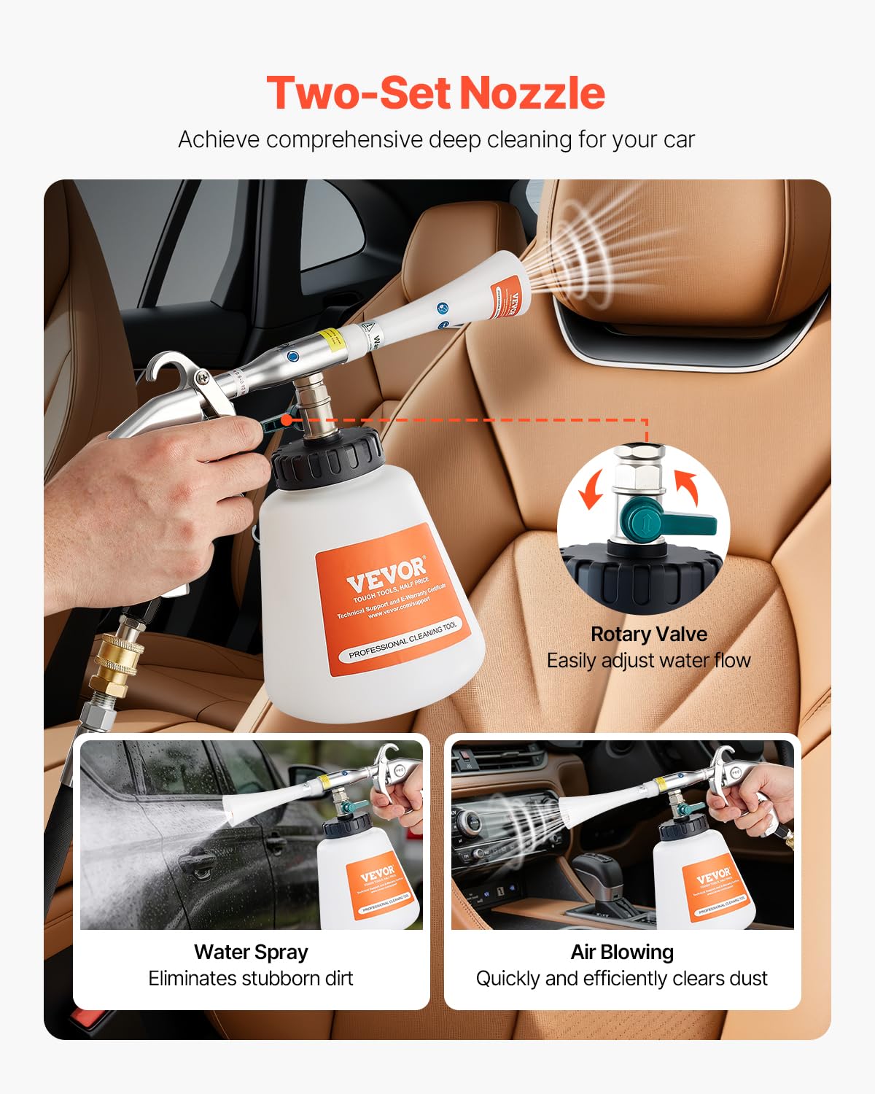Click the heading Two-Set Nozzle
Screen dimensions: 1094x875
coord(436,93)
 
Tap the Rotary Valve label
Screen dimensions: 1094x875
coord(648,634)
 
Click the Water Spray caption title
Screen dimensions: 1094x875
coord(251,952)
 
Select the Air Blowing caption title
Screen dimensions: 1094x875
coord(622,952)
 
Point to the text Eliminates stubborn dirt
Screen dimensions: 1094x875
coord(251,978)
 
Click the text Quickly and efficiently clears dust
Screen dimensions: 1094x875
coord(622,978)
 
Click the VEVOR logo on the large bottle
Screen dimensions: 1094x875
coord(386,573)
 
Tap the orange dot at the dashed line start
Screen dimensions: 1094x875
coord(287,420)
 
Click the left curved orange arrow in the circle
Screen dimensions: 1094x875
coord(591,489)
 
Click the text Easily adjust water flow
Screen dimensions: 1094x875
coord(648,661)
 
